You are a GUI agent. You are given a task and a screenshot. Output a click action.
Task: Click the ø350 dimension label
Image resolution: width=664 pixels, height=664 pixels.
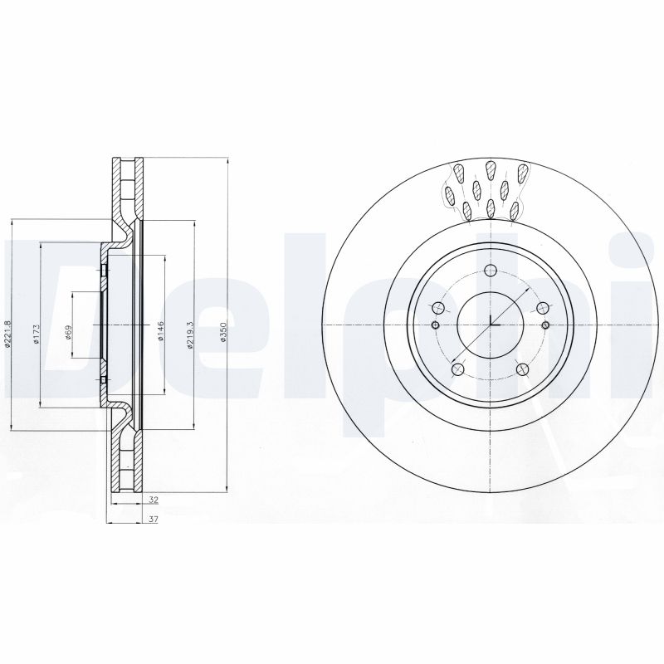point(222,333)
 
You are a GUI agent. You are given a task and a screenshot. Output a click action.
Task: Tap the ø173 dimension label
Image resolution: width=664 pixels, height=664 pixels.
point(36,334)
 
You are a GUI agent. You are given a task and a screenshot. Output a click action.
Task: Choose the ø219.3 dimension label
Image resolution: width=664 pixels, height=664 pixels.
point(190,334)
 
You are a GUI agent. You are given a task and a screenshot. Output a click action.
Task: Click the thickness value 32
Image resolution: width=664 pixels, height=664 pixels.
point(154,500)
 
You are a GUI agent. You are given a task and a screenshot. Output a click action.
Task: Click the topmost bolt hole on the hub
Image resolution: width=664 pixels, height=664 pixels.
point(490,270)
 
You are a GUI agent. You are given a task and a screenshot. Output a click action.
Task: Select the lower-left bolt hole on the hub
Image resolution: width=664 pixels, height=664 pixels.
point(456,369)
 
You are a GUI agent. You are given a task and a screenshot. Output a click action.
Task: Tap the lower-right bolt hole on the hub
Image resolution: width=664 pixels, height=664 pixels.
point(522,369)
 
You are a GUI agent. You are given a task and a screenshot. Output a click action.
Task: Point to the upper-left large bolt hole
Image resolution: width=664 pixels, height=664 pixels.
point(437,307)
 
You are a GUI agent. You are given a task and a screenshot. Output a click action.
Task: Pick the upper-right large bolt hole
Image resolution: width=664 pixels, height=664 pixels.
point(542,307)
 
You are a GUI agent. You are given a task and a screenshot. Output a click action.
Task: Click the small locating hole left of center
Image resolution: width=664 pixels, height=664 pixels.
point(436,325)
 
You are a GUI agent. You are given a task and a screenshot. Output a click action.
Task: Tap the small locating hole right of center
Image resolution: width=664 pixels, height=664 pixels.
point(544,325)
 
